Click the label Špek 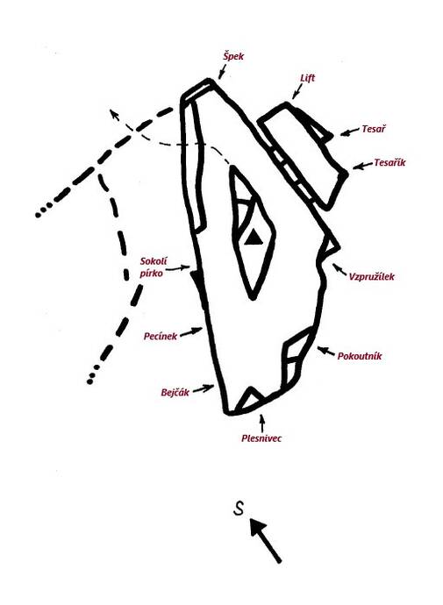pyautogui.click(x=233, y=56)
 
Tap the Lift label pyautogui.click(x=308, y=78)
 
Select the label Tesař pyautogui.click(x=374, y=129)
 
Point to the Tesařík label pyautogui.click(x=389, y=162)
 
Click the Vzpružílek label pyautogui.click(x=372, y=277)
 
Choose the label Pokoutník pyautogui.click(x=360, y=356)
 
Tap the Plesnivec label pyautogui.click(x=261, y=438)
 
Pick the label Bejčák pyautogui.click(x=175, y=393)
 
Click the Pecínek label pyautogui.click(x=161, y=337)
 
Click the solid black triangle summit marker pyautogui.click(x=254, y=238)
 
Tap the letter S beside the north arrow pyautogui.click(x=239, y=509)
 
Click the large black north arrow pyautogui.click(x=265, y=539)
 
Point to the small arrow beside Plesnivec pyautogui.click(x=263, y=423)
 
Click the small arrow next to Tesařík pyautogui.click(x=361, y=167)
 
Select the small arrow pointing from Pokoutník pyautogui.click(x=326, y=351)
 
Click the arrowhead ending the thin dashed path pyautogui.click(x=113, y=113)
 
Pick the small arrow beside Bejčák pyautogui.click(x=204, y=388)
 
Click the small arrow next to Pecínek pyautogui.click(x=192, y=331)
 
